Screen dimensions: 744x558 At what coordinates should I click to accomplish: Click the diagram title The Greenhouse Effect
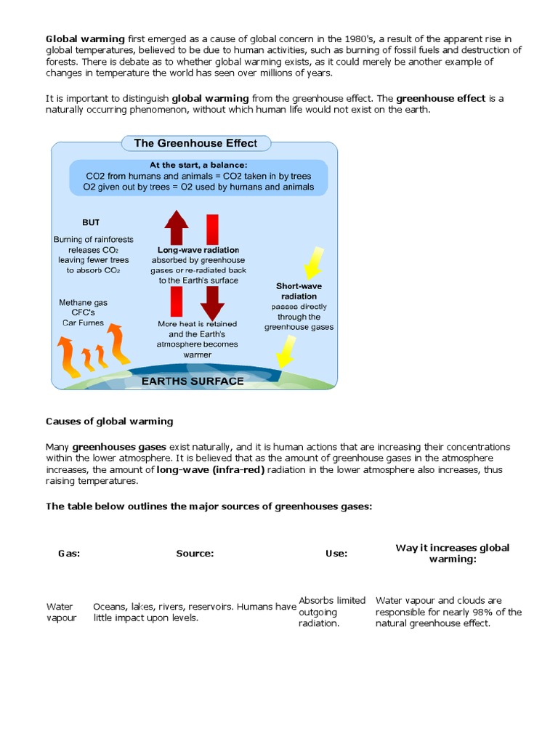click(195, 143)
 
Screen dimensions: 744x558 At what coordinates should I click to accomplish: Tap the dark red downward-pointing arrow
click(212, 302)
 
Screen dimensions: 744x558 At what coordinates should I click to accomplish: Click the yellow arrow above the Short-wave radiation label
click(312, 262)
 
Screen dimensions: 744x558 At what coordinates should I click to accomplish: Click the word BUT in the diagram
click(91, 222)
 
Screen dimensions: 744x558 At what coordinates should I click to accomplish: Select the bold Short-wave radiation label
click(299, 291)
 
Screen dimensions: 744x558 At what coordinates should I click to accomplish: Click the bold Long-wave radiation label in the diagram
click(198, 250)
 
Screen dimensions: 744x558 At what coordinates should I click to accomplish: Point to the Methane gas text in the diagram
click(81, 302)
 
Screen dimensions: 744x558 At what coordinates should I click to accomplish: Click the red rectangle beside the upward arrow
click(213, 229)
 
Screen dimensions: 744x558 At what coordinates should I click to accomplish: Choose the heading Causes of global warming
click(110, 421)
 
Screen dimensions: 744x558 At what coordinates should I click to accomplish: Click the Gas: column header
click(69, 553)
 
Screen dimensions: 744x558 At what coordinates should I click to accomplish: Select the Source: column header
click(195, 553)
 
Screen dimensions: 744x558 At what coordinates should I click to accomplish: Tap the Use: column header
click(336, 553)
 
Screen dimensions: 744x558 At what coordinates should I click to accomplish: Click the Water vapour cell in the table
click(61, 612)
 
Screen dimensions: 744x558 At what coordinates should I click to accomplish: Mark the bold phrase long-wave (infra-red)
click(211, 470)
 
